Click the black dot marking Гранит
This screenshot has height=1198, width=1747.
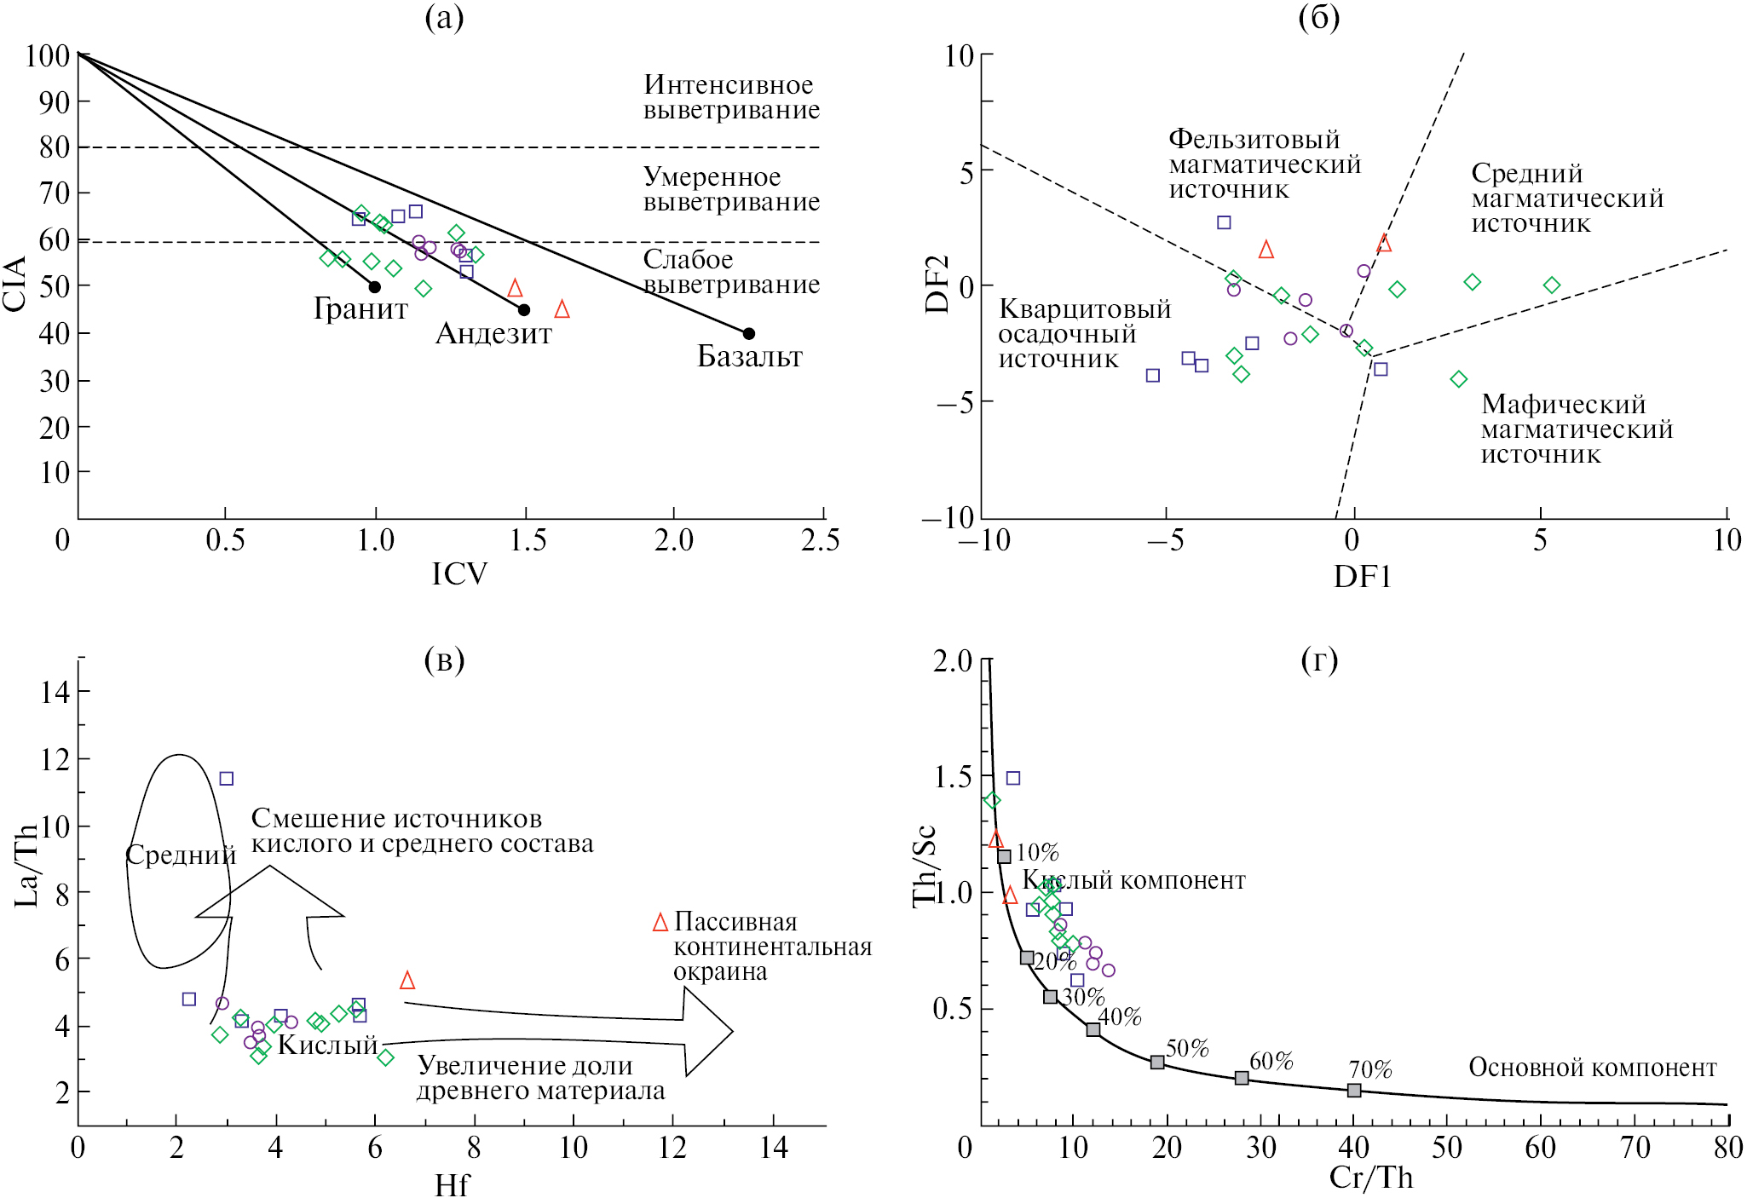point(375,287)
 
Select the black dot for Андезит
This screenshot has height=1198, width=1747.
point(524,310)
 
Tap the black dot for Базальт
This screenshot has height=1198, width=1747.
point(748,333)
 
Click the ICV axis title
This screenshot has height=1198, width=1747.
point(459,574)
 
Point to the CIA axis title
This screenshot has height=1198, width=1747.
point(15,284)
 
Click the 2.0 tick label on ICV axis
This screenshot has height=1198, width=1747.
point(673,540)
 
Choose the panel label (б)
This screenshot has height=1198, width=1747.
point(1318,17)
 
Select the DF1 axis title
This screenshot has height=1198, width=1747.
point(1362,577)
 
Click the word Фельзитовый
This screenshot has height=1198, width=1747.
point(1254,139)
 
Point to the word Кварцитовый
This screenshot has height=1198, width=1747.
point(1084,308)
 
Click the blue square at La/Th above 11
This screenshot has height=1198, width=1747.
point(227,779)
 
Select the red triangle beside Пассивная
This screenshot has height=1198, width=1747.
point(660,923)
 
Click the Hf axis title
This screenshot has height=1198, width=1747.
point(451,1185)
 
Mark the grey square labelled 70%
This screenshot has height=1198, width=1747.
point(1354,1091)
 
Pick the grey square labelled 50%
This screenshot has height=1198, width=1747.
point(1157,1063)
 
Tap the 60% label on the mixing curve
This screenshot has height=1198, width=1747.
point(1271,1061)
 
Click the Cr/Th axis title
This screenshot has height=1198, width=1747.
point(1370,1178)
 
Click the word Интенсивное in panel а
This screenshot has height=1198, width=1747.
point(728,85)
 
